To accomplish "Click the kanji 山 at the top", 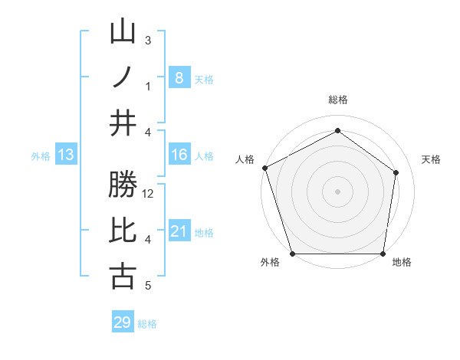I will (x=123, y=32).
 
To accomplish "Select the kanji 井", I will (x=123, y=123).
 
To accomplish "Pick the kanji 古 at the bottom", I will (x=123, y=276).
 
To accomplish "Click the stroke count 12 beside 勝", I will (x=149, y=194).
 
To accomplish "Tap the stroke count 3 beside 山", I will (x=147, y=40).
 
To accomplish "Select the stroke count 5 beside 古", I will (x=147, y=286).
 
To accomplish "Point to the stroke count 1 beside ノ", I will (x=147, y=86).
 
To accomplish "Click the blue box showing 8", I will (x=179, y=77).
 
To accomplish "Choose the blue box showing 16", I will (x=179, y=155).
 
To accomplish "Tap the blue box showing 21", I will (x=179, y=231).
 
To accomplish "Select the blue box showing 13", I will (x=66, y=155).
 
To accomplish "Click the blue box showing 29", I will (x=123, y=322).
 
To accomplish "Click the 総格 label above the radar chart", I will (x=337, y=100).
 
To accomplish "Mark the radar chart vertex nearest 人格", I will (x=264, y=168).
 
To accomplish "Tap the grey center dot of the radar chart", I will (x=337, y=191).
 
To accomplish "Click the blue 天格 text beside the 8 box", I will (x=204, y=79).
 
